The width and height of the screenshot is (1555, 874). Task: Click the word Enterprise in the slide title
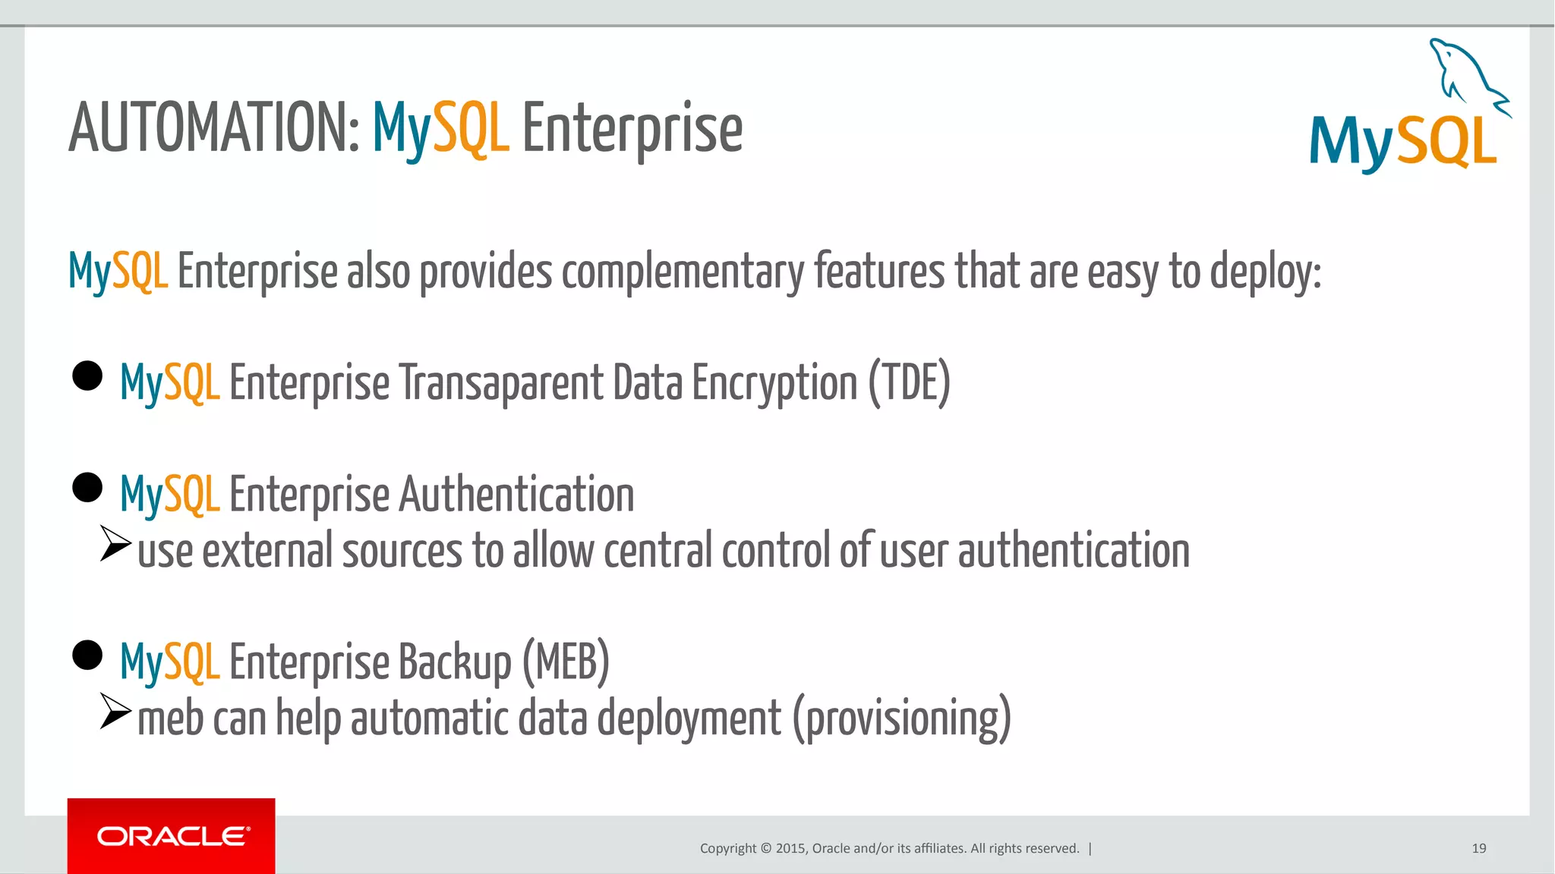click(632, 129)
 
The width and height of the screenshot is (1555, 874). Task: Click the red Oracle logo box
click(171, 836)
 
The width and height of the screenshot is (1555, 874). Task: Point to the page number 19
click(1478, 848)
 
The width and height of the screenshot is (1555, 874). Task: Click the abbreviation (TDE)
click(909, 382)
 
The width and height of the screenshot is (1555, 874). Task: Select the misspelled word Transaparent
click(501, 382)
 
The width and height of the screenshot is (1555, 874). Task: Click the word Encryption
click(774, 382)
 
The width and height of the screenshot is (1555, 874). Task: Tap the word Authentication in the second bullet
click(516, 495)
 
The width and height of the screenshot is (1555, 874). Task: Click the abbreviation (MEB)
click(566, 662)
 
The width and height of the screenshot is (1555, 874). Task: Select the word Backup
click(455, 662)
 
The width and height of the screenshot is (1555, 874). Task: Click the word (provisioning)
click(902, 718)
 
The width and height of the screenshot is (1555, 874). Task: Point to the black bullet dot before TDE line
click(87, 376)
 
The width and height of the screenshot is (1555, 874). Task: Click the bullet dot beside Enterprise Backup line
click(87, 655)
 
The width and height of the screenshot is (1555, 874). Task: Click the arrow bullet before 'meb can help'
click(115, 711)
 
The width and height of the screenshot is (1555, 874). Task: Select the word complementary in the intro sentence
click(683, 272)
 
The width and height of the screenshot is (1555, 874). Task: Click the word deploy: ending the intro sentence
click(1265, 272)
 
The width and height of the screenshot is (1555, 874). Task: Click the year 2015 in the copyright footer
click(791, 848)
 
